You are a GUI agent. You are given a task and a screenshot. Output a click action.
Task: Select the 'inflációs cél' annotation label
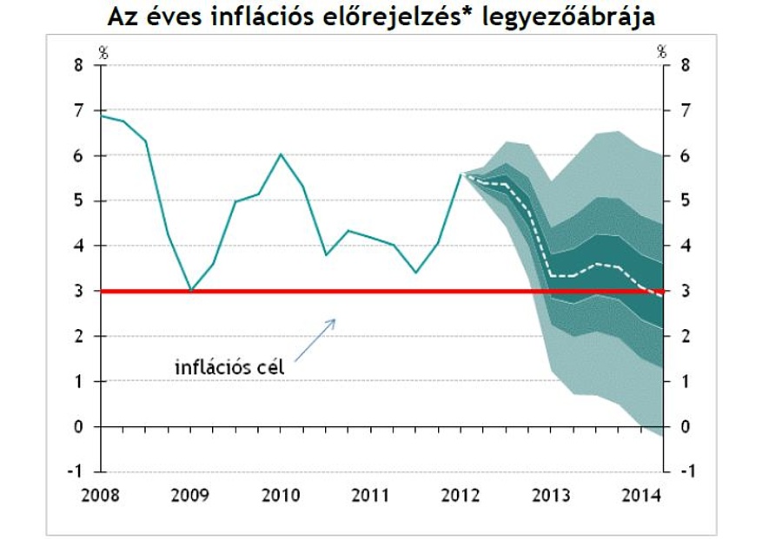pos(229,367)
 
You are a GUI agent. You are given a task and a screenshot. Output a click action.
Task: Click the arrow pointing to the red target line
pos(315,339)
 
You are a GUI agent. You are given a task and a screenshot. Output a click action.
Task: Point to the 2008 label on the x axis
pos(101,496)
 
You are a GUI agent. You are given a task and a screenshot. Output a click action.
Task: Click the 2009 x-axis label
pos(191,496)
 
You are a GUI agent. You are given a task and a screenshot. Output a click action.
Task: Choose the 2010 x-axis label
pos(281,496)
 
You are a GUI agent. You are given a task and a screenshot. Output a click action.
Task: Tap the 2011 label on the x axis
pos(370,496)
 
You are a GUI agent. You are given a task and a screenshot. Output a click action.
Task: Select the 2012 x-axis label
pos(461,496)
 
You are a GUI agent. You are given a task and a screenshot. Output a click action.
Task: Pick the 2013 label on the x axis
pos(551,496)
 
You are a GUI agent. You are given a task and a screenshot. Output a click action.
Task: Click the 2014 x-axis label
pos(640,496)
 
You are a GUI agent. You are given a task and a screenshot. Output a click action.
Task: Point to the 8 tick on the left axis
pos(80,66)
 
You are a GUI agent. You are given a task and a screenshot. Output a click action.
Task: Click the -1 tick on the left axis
pos(77,471)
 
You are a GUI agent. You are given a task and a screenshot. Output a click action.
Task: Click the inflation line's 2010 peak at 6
pos(281,154)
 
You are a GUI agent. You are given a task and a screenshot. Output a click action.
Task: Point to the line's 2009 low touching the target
pos(191,290)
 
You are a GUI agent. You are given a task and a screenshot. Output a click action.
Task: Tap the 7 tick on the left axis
pos(80,111)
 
